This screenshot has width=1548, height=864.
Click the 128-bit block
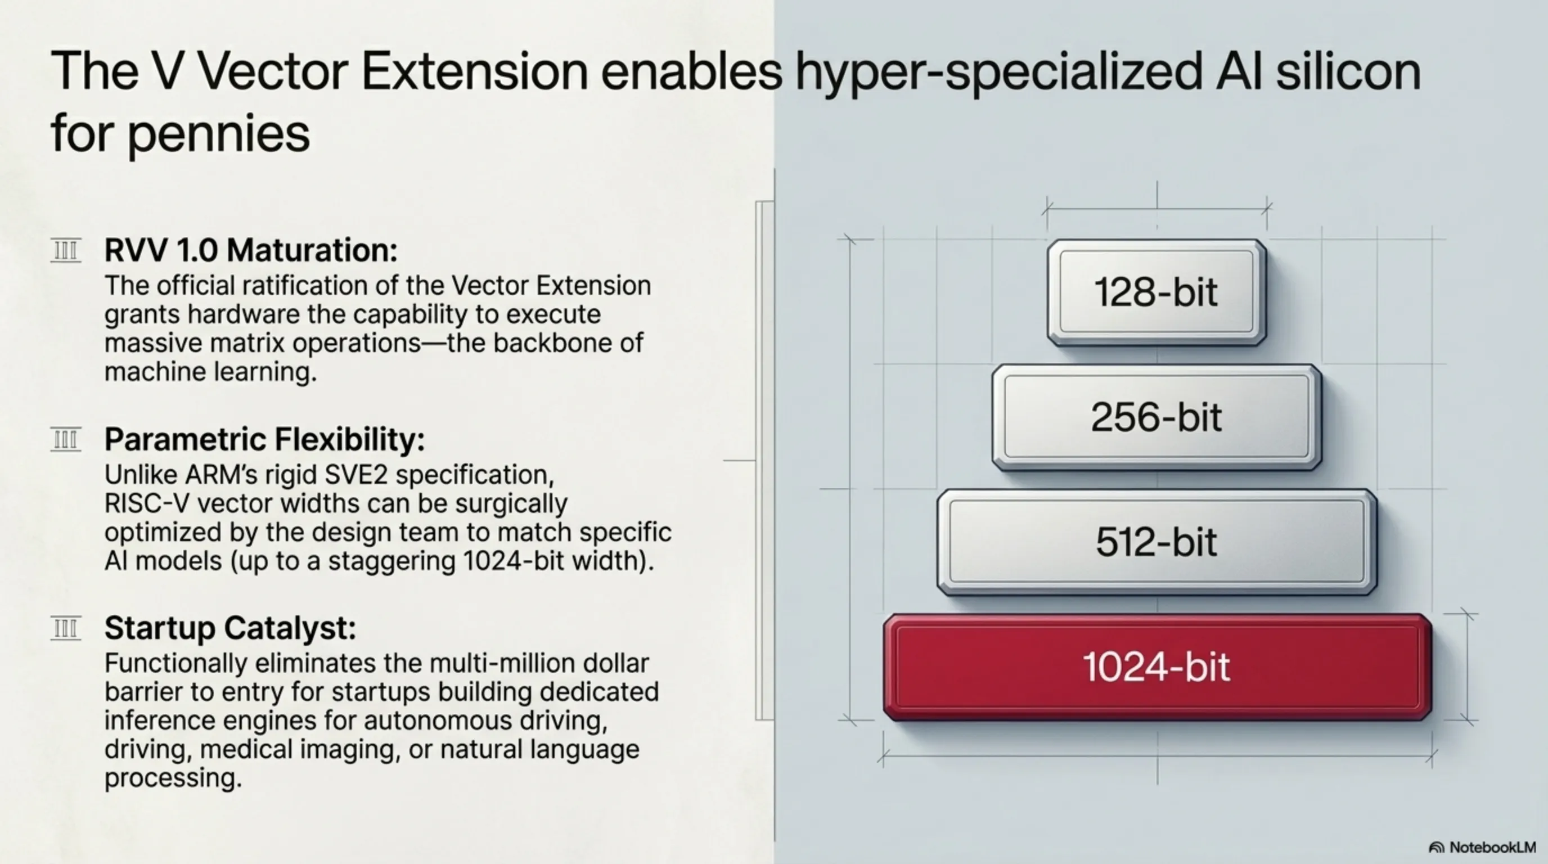coord(1157,292)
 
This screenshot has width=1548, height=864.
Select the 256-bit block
coord(1157,417)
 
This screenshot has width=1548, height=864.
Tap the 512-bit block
coord(1157,542)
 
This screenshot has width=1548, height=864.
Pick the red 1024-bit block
coord(1158,667)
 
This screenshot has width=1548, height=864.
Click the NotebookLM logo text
coord(1492,847)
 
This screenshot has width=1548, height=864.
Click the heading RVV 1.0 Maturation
coord(250,250)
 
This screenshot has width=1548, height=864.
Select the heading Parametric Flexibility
coord(264,439)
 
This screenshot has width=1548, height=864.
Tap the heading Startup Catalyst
coord(230,628)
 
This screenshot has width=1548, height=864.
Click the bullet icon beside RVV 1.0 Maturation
coord(65,250)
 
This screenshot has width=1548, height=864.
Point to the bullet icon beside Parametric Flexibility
coord(65,440)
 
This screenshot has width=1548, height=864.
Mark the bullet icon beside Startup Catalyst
coord(65,629)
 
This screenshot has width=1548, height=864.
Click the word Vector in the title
coord(273,71)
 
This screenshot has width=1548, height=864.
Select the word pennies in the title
coord(219,133)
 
